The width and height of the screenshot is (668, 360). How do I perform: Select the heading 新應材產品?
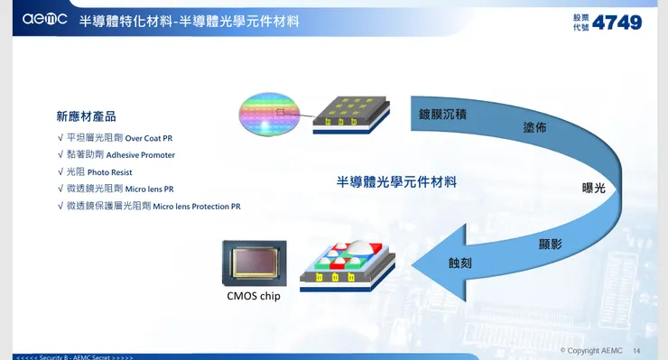pyautogui.click(x=86, y=116)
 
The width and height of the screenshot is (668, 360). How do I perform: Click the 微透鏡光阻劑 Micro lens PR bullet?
pyautogui.click(x=119, y=189)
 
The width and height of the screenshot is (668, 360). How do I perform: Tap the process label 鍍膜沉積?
pyautogui.click(x=442, y=115)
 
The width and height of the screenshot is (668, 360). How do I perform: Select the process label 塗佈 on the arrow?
pyautogui.click(x=534, y=127)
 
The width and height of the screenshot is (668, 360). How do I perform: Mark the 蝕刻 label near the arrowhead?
pyautogui.click(x=460, y=263)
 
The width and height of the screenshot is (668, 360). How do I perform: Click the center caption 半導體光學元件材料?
pyautogui.click(x=396, y=181)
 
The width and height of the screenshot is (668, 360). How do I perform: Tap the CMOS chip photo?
pyautogui.click(x=255, y=263)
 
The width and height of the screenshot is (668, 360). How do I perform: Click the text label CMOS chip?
pyautogui.click(x=254, y=296)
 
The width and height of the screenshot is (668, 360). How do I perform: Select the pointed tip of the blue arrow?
pyautogui.click(x=413, y=264)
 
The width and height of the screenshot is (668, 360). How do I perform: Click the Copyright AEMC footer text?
pyautogui.click(x=591, y=350)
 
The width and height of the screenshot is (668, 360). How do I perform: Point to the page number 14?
pyautogui.click(x=636, y=350)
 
